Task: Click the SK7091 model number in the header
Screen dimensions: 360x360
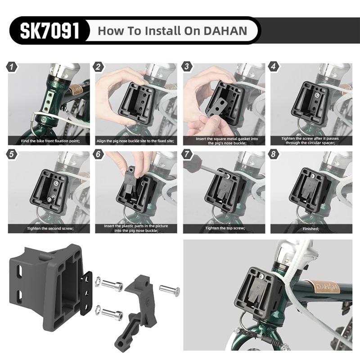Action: coord(49,31)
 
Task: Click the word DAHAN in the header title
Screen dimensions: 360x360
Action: coord(225,31)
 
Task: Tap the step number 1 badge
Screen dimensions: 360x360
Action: coord(12,67)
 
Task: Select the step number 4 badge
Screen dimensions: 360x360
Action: coord(273,67)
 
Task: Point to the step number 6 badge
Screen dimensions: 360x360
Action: coord(98,154)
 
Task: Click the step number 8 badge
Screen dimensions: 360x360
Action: coord(273,154)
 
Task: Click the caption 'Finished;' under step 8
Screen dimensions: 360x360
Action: coord(311,229)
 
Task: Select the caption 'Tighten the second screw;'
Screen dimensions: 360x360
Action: coord(50,229)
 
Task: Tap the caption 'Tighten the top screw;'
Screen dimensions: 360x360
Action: coord(225,228)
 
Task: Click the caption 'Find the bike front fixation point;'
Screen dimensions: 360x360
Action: coord(50,141)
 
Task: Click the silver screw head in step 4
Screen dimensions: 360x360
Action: coord(317,94)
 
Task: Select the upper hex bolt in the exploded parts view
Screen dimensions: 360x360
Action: coord(112,286)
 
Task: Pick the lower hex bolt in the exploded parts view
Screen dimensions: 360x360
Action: coord(112,313)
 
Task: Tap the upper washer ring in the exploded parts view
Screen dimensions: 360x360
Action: coord(98,282)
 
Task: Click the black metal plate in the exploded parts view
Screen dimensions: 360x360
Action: coord(86,293)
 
